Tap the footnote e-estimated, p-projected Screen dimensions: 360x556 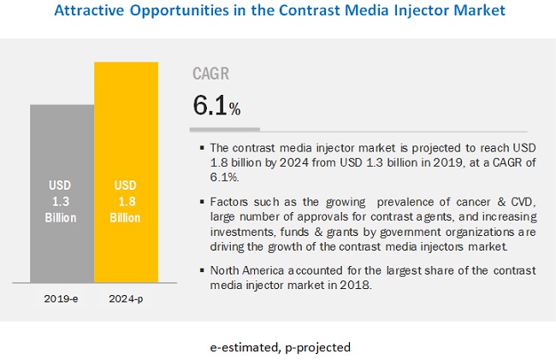pyautogui.click(x=278, y=347)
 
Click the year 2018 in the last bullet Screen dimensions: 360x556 pyautogui.click(x=360, y=284)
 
